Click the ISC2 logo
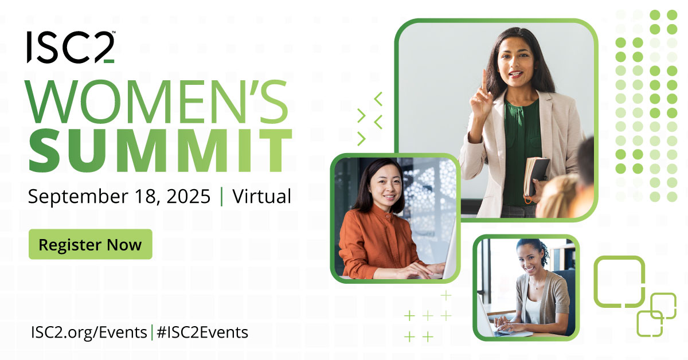(70, 47)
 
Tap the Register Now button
(90, 245)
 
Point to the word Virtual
(262, 196)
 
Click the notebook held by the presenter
(536, 175)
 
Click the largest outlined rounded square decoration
(619, 281)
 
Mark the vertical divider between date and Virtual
(222, 196)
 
